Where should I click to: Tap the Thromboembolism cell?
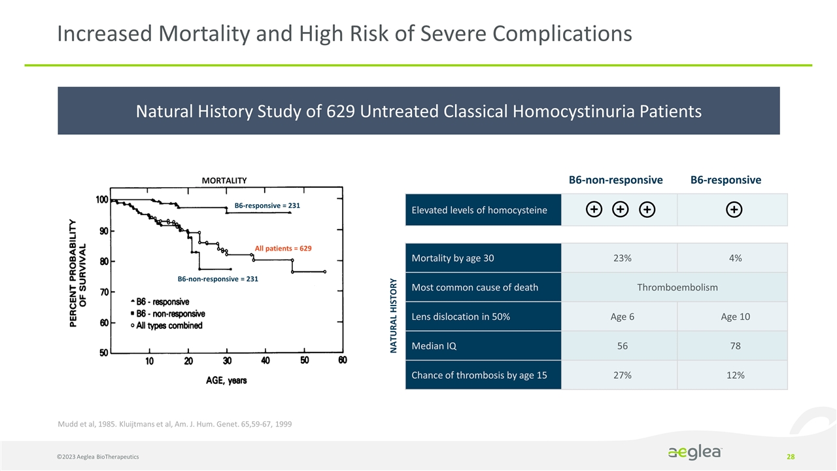pyautogui.click(x=677, y=288)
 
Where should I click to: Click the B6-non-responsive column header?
pyautogui.click(x=615, y=180)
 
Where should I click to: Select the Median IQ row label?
pyautogui.click(x=434, y=346)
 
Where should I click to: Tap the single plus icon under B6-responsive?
pyautogui.click(x=734, y=209)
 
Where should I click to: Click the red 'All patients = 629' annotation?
pyautogui.click(x=283, y=249)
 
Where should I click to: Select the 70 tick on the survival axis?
pyautogui.click(x=103, y=292)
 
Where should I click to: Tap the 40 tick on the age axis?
pyautogui.click(x=265, y=361)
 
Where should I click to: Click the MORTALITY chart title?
pyautogui.click(x=224, y=181)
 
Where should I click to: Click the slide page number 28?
pyautogui.click(x=791, y=455)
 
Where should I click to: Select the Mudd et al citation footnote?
pyautogui.click(x=175, y=425)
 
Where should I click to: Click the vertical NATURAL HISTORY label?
pyautogui.click(x=394, y=315)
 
